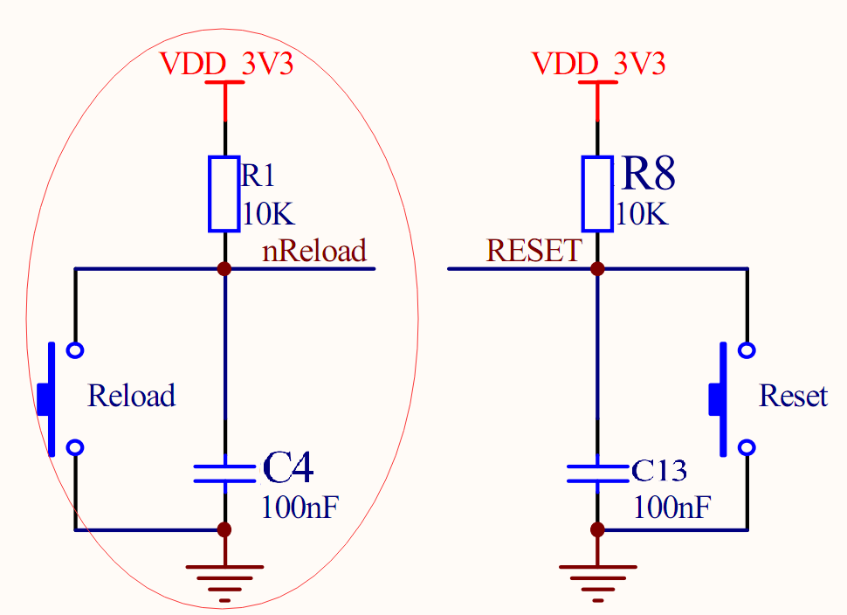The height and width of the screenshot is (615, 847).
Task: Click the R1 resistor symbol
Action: tap(224, 194)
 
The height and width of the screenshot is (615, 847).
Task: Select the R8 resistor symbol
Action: tap(597, 194)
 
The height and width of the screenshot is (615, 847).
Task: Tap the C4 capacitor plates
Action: tap(224, 473)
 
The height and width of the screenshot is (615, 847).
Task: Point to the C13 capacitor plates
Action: tap(597, 473)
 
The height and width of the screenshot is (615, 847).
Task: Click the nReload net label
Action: tap(314, 252)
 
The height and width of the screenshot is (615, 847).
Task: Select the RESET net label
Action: tap(533, 252)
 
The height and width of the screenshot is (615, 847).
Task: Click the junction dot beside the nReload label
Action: tap(224, 268)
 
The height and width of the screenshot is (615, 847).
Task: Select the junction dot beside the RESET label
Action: tap(597, 268)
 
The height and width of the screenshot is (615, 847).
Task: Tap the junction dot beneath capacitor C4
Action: tap(224, 529)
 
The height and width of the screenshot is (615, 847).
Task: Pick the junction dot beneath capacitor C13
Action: tap(597, 529)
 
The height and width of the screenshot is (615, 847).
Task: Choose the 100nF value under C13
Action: tap(671, 507)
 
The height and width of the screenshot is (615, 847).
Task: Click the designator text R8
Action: tap(648, 175)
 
